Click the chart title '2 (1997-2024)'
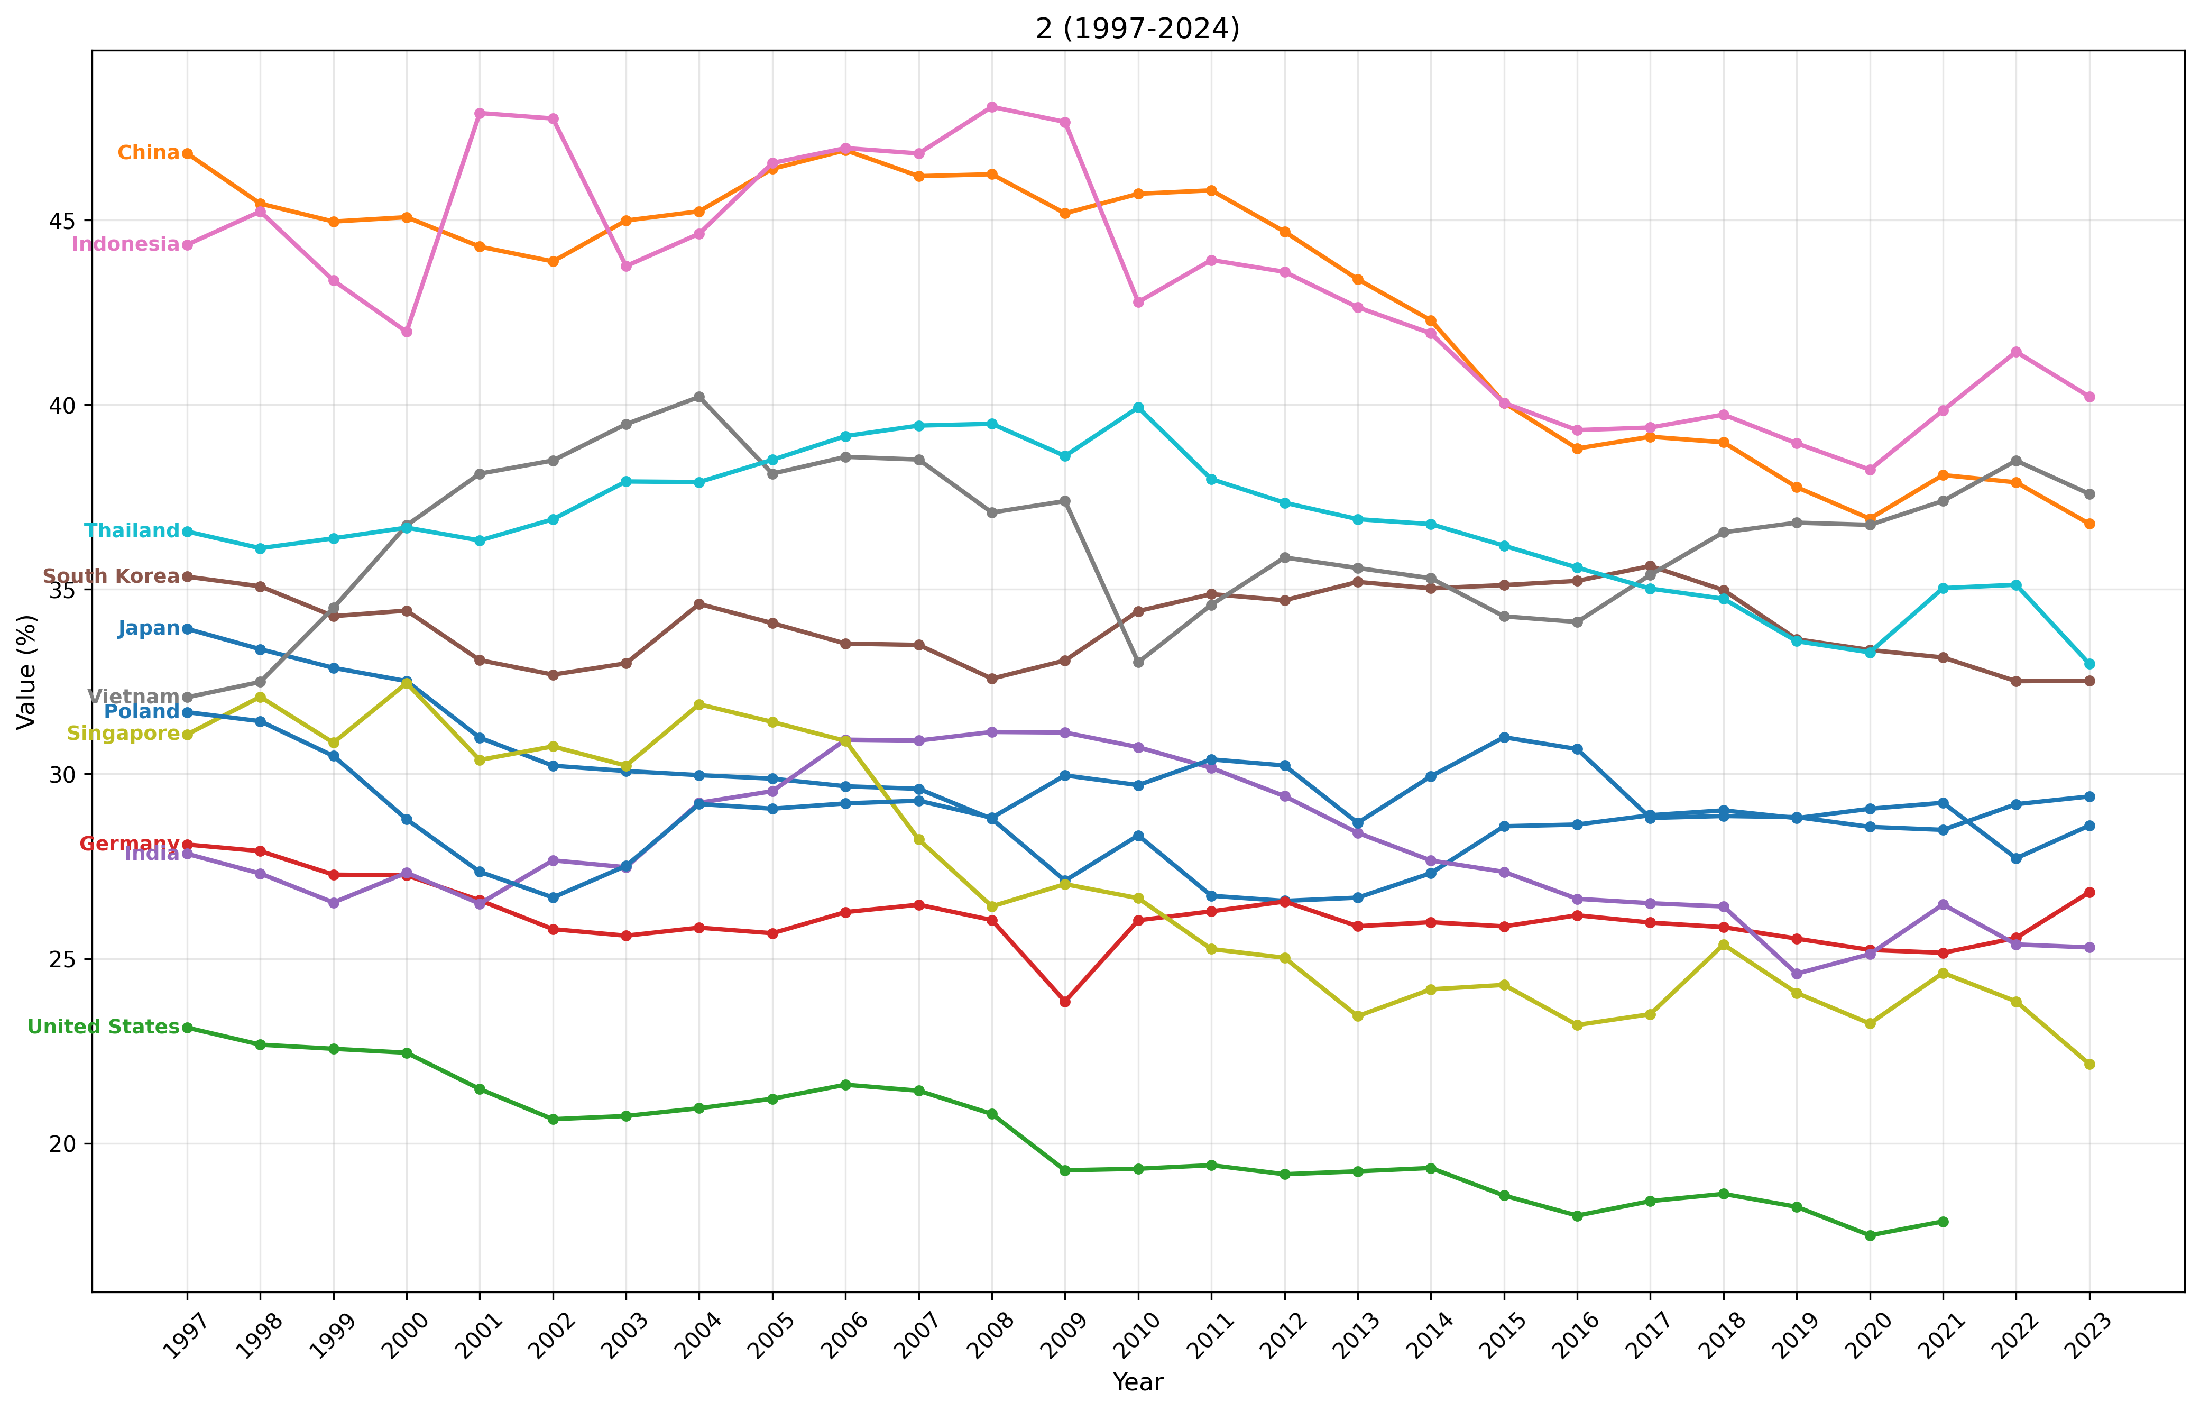1138,29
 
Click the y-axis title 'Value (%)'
27,672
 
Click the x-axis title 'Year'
1138,1382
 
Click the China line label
149,153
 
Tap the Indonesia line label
125,244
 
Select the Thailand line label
132,530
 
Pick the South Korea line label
111,576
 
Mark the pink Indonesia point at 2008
992,107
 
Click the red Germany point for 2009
1065,1002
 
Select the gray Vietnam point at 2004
699,397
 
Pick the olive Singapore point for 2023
2089,1064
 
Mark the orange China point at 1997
188,154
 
